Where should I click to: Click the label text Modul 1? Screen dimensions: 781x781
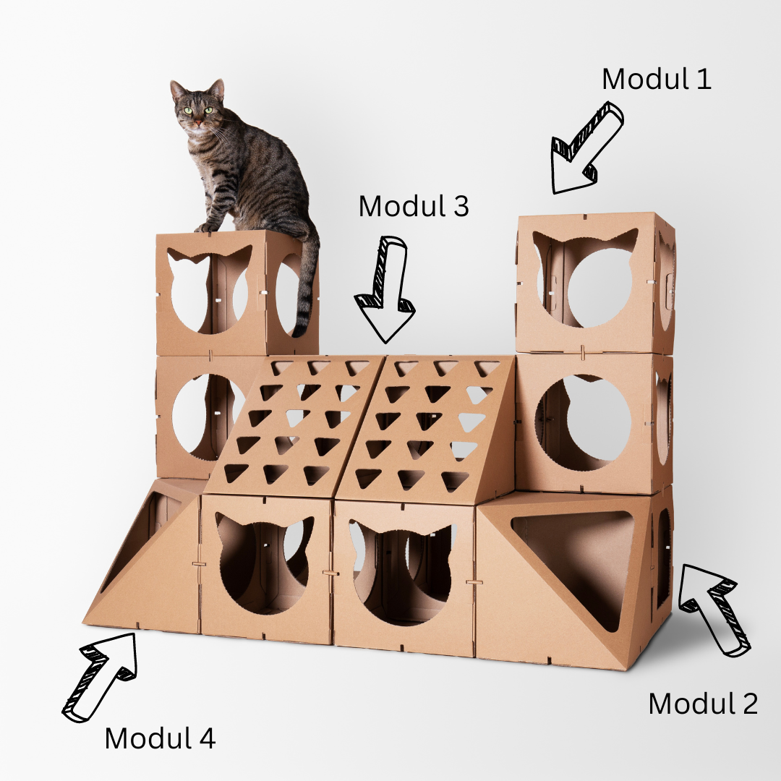tap(656, 79)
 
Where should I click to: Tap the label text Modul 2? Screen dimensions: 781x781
tap(702, 704)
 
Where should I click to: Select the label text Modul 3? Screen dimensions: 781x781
tap(414, 207)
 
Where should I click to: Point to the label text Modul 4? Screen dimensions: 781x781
tap(160, 738)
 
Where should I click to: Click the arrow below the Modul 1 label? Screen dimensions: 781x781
tap(586, 149)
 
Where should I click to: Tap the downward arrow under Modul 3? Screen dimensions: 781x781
tap(385, 289)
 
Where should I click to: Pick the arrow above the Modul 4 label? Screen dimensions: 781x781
tap(100, 675)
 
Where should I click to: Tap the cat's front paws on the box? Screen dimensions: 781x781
tap(206, 227)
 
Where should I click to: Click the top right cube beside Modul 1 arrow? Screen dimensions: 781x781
tap(594, 282)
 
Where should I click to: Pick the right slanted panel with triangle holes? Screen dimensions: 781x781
tap(430, 427)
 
